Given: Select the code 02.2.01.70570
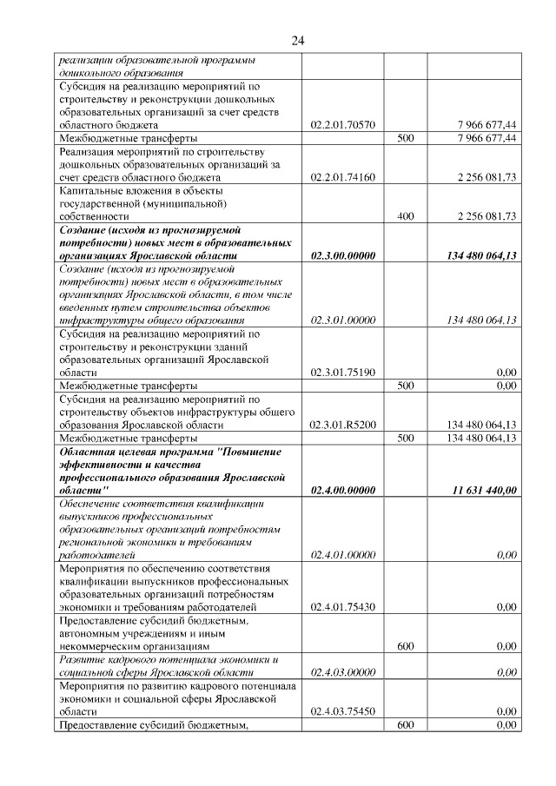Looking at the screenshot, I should (x=342, y=125).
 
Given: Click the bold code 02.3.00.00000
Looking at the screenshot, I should (x=342, y=256).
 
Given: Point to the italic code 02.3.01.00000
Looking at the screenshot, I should (x=342, y=320).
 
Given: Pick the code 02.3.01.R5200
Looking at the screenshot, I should (x=342, y=426).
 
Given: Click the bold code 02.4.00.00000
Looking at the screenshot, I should (x=342, y=491).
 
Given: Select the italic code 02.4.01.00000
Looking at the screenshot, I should (x=342, y=554).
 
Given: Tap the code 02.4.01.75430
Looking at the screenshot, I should (x=342, y=607).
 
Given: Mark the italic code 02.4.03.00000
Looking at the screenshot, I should (x=342, y=672).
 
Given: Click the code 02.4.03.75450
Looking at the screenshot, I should (x=342, y=711).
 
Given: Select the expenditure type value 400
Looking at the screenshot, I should (x=405, y=216).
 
